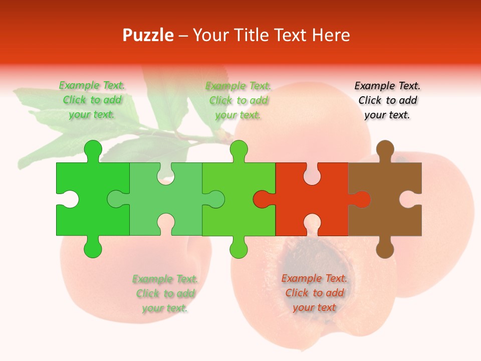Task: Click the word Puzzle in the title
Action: (x=148, y=35)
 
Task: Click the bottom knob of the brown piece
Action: (x=385, y=249)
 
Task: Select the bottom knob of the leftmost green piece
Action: (x=93, y=249)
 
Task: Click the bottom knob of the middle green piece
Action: (x=238, y=249)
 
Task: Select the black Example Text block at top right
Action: (x=387, y=100)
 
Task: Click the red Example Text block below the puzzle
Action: (x=314, y=293)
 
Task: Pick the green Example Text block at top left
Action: (x=92, y=100)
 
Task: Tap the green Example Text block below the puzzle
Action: (x=165, y=293)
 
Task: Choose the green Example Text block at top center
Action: (x=238, y=100)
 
